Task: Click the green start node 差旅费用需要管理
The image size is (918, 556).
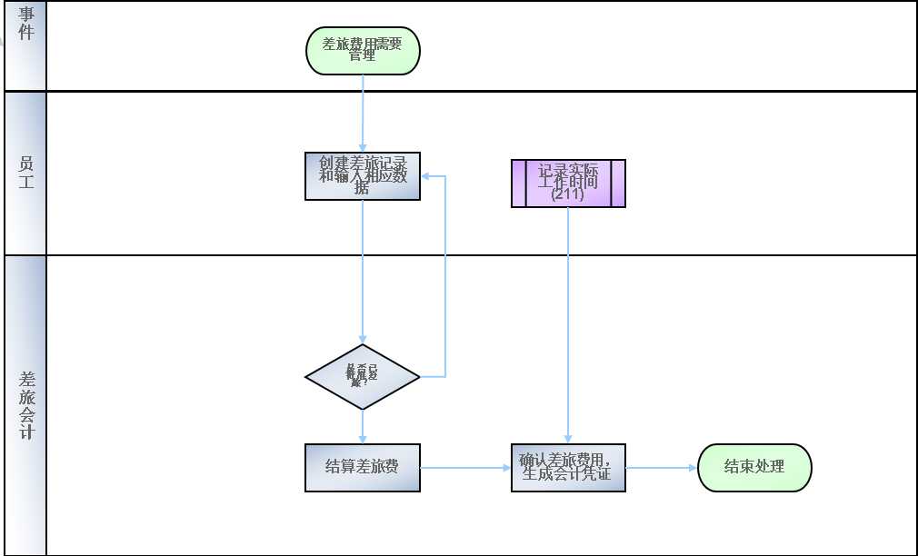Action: (363, 51)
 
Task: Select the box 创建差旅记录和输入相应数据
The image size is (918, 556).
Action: (363, 176)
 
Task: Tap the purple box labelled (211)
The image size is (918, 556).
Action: (568, 184)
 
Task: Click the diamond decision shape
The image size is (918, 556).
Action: (363, 376)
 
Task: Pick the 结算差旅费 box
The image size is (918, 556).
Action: (363, 468)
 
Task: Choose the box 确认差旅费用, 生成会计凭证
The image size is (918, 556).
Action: (568, 468)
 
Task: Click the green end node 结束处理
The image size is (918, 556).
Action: (754, 468)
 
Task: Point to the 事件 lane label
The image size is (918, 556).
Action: (25, 25)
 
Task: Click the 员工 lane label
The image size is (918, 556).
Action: (25, 173)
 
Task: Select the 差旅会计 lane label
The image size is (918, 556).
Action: (25, 405)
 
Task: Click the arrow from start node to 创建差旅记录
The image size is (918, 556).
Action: (363, 114)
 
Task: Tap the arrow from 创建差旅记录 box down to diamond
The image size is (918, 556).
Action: (363, 273)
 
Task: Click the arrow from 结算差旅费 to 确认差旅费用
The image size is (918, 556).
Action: (465, 468)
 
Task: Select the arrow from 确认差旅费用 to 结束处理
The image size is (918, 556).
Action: (662, 468)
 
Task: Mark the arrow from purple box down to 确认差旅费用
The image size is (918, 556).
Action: (568, 327)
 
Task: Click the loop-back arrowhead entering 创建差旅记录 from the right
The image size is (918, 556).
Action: (426, 176)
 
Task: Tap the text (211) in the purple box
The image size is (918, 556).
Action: (568, 194)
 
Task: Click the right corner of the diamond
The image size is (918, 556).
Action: (418, 376)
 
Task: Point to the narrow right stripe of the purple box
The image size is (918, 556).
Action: (618, 184)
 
